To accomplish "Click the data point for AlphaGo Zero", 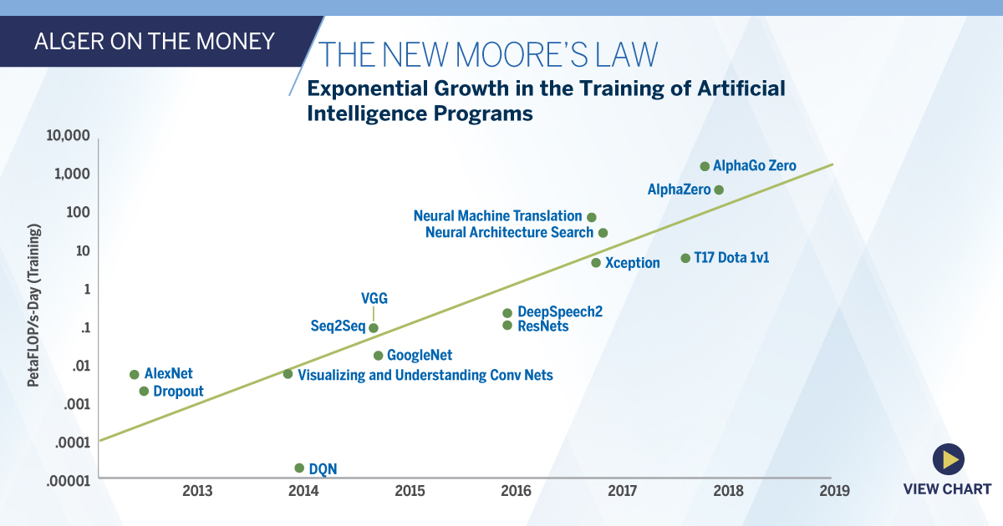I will pyautogui.click(x=705, y=166).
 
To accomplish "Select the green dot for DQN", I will pyautogui.click(x=299, y=468).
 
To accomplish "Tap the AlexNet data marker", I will pyautogui.click(x=134, y=374).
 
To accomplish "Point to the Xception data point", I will pyautogui.click(x=596, y=263).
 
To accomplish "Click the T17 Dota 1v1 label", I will pyautogui.click(x=731, y=258).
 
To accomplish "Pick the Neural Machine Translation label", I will pyautogui.click(x=497, y=216).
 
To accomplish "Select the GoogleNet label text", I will pyautogui.click(x=420, y=356).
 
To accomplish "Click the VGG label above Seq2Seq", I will pyautogui.click(x=374, y=298).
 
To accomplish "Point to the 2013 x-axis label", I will pyautogui.click(x=197, y=491).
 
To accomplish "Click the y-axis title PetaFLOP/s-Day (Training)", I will pyautogui.click(x=34, y=305).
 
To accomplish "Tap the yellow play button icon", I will pyautogui.click(x=948, y=458).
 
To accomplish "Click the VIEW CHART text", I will pyautogui.click(x=947, y=489).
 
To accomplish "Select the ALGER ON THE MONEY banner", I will pyautogui.click(x=154, y=41).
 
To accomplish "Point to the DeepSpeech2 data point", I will pyautogui.click(x=507, y=313).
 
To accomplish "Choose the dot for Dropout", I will pyautogui.click(x=144, y=391).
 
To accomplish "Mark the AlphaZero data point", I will pyautogui.click(x=718, y=190).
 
